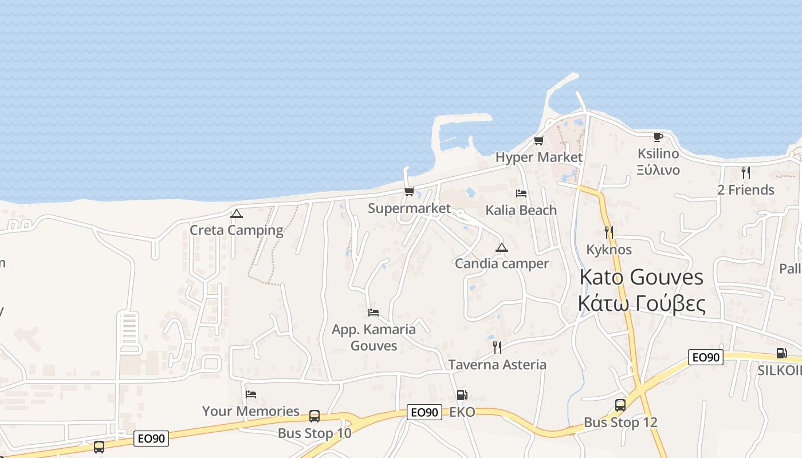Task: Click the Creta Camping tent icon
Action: click(x=236, y=214)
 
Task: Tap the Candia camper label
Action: click(x=502, y=263)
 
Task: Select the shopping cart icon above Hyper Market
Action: click(x=538, y=140)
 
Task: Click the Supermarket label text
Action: click(x=409, y=208)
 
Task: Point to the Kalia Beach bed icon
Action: click(x=521, y=194)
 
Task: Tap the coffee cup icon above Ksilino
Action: click(x=658, y=137)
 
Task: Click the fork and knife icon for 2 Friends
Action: click(x=745, y=173)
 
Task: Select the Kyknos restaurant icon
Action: click(x=609, y=232)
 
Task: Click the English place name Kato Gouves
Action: click(x=641, y=277)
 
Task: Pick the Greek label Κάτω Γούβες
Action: click(x=641, y=303)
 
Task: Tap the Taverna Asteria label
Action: click(x=497, y=365)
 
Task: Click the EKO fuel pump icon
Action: click(x=462, y=395)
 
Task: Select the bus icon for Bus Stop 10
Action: click(x=314, y=416)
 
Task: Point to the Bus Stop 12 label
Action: click(x=620, y=423)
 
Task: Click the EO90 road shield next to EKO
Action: click(x=424, y=412)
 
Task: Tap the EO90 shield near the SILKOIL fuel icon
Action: click(x=705, y=358)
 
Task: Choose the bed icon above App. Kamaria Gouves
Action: click(x=374, y=313)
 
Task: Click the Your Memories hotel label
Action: click(x=251, y=411)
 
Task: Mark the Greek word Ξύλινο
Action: click(x=658, y=170)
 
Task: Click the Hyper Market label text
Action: click(x=538, y=157)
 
